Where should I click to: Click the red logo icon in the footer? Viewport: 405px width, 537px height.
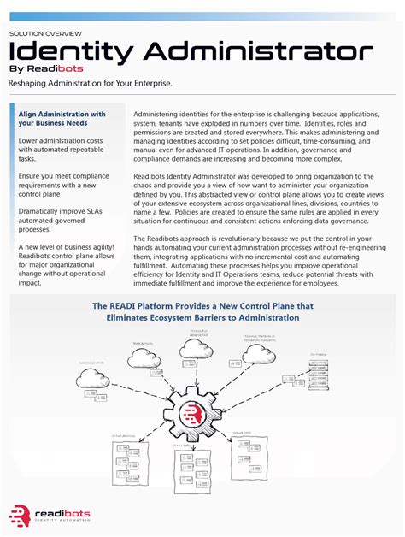click(19, 516)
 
